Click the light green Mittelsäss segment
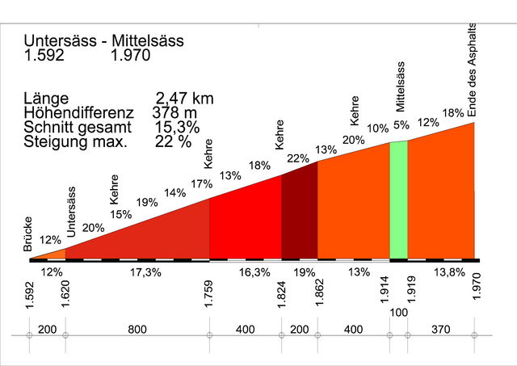pos(398,200)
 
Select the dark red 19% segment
pos(299,214)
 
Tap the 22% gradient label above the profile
pos(297,158)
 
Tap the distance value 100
pos(397,312)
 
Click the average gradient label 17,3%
pos(145,272)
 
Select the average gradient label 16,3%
pos(254,272)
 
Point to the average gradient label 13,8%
pos(448,272)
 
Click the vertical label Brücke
pos(29,237)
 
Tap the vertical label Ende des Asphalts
pos(473,70)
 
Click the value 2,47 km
pos(187,99)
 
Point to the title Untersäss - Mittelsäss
pos(103,40)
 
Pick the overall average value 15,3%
pos(176,128)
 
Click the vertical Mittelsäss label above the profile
pos(400,86)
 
